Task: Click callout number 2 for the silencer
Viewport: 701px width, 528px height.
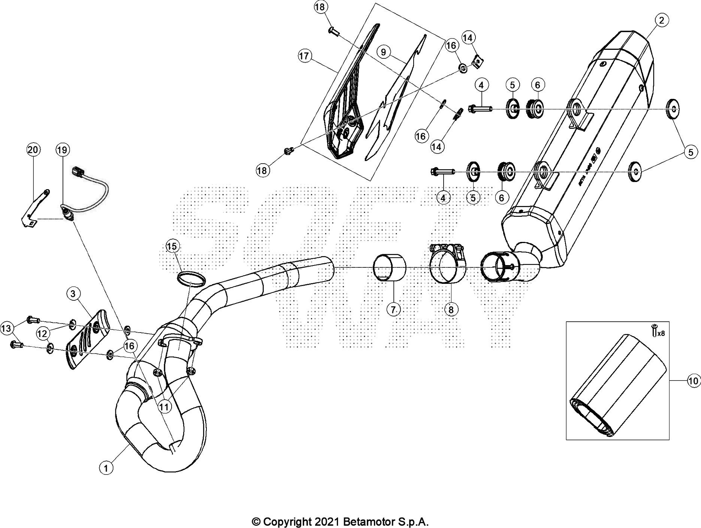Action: pos(661,20)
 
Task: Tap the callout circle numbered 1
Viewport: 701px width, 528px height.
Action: pos(106,468)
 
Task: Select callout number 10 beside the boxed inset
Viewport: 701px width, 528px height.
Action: pos(693,381)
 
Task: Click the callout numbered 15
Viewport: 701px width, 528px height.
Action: pos(172,246)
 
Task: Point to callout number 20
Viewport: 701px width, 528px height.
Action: pos(33,150)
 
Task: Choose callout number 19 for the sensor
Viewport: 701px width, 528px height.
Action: pos(62,150)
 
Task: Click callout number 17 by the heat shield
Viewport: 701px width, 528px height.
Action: pos(305,56)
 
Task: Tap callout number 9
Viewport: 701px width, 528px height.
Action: pos(383,52)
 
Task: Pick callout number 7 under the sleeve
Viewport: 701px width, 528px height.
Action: pos(393,309)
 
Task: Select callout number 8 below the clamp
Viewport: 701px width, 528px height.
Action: pos(451,309)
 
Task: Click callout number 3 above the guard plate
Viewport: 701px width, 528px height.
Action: pos(73,294)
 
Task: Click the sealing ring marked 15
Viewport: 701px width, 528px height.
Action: pos(191,279)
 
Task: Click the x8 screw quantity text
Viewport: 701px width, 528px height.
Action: pos(660,333)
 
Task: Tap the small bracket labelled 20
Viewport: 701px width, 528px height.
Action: pos(34,208)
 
